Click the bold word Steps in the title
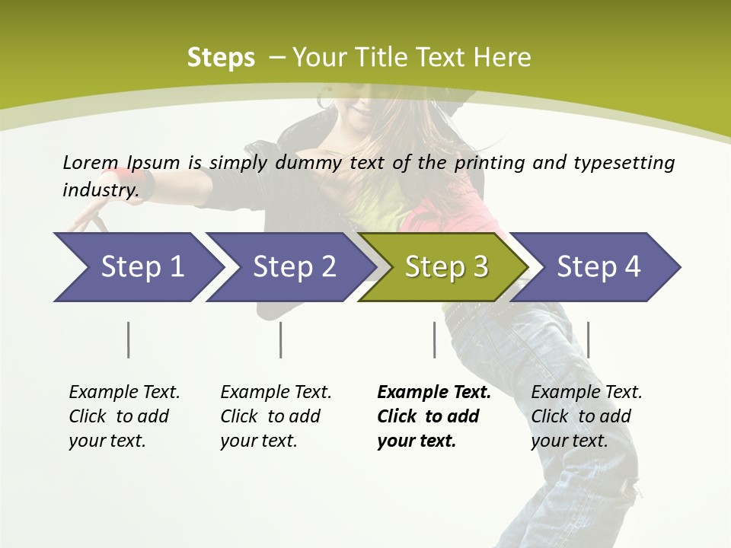pos(221,58)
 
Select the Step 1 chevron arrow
pos(137,267)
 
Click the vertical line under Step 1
pos(129,339)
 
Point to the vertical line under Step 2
pos(281,339)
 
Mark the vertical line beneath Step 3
pos(435,339)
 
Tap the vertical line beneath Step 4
pos(589,339)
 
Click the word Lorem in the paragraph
pos(91,162)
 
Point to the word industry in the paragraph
pos(99,190)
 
